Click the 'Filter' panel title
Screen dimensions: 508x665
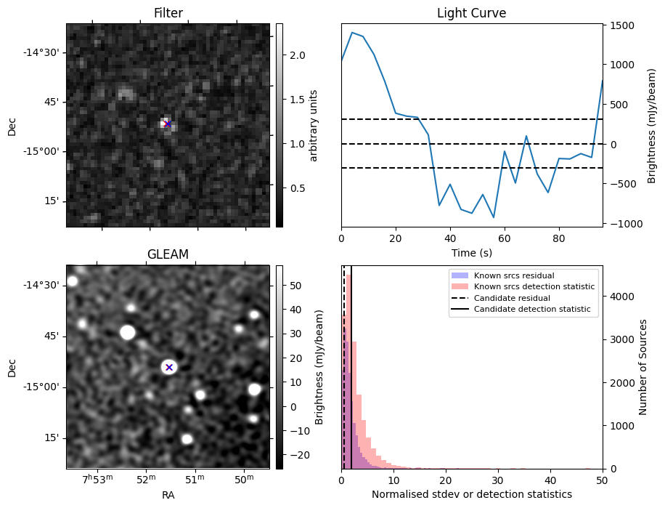(x=168, y=13)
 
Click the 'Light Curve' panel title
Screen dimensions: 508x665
(x=471, y=13)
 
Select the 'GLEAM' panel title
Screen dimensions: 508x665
(x=168, y=254)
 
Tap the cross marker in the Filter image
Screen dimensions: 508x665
(x=167, y=124)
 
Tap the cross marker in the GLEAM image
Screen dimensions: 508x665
(x=168, y=367)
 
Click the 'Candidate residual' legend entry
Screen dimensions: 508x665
(x=513, y=298)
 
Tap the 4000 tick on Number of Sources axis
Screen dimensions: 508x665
(x=621, y=297)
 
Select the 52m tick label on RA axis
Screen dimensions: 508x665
(x=146, y=480)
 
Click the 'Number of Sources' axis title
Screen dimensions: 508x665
(x=643, y=367)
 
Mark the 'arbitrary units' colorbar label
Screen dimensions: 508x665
(x=314, y=125)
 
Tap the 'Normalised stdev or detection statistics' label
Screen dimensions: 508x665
(x=471, y=494)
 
